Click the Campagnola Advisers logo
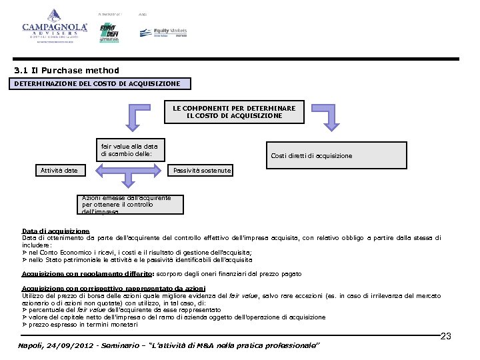55,27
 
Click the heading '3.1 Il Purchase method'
67,71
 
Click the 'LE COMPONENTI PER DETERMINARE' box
234,112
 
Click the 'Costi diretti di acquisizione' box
311,156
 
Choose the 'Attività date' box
60,171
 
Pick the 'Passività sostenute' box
202,171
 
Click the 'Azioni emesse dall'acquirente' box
131,205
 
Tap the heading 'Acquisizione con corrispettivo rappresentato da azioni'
114,288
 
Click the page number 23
446,336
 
